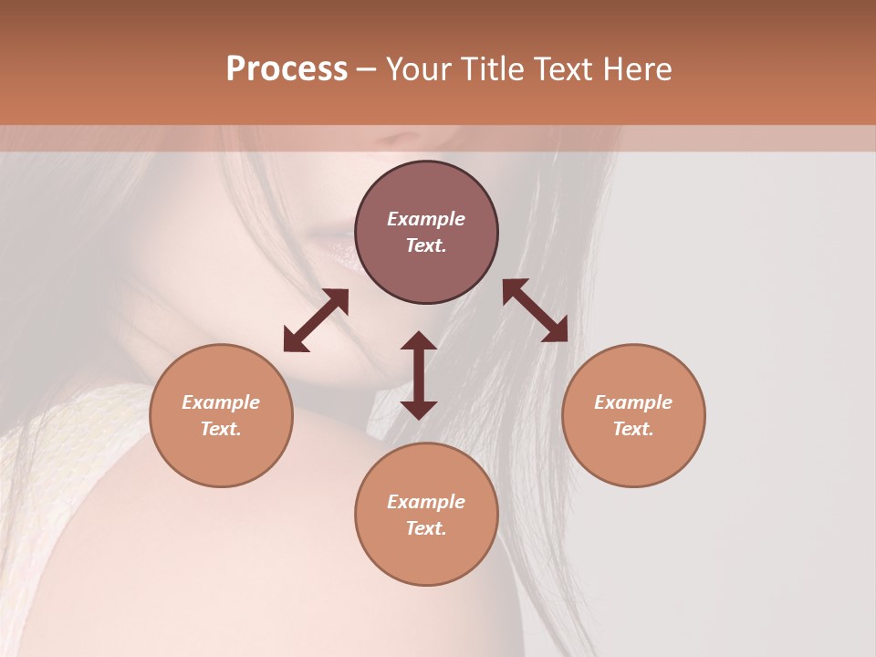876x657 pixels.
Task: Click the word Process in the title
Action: [x=287, y=69]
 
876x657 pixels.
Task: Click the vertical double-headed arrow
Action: [x=419, y=375]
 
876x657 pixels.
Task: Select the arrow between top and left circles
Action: [x=316, y=320]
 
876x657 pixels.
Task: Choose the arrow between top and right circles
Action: [x=535, y=310]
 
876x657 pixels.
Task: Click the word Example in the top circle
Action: [x=426, y=219]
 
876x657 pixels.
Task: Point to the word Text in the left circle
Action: [x=221, y=429]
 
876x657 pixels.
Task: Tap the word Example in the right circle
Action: [x=633, y=402]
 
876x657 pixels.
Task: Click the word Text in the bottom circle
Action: [x=426, y=528]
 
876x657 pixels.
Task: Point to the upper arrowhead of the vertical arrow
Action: [x=419, y=340]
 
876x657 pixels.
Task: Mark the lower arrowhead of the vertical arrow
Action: [x=419, y=410]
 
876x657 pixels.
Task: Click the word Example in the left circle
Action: [x=221, y=402]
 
